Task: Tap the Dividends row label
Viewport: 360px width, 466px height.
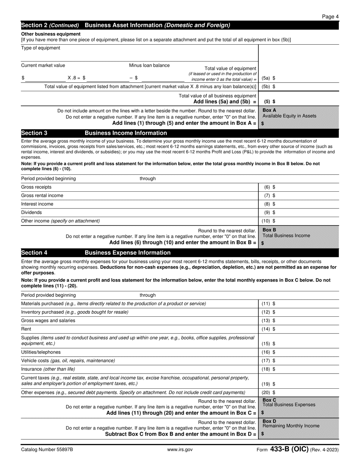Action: (31, 213)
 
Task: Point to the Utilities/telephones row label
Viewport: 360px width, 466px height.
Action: (41, 352)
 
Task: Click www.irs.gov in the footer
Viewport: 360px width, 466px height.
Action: (180, 450)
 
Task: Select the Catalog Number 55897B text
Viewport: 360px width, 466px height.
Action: (47, 450)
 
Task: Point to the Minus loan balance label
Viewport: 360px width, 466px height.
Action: (149, 65)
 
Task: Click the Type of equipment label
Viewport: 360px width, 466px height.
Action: (41, 48)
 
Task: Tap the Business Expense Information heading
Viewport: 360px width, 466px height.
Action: (127, 253)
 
